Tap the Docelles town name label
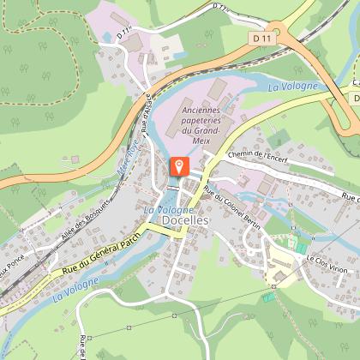(x=184, y=220)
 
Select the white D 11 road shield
(x=262, y=39)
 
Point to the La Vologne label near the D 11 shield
(x=291, y=87)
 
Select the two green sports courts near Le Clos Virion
(x=300, y=246)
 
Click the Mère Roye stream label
(x=127, y=163)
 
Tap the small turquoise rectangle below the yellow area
(x=269, y=297)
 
